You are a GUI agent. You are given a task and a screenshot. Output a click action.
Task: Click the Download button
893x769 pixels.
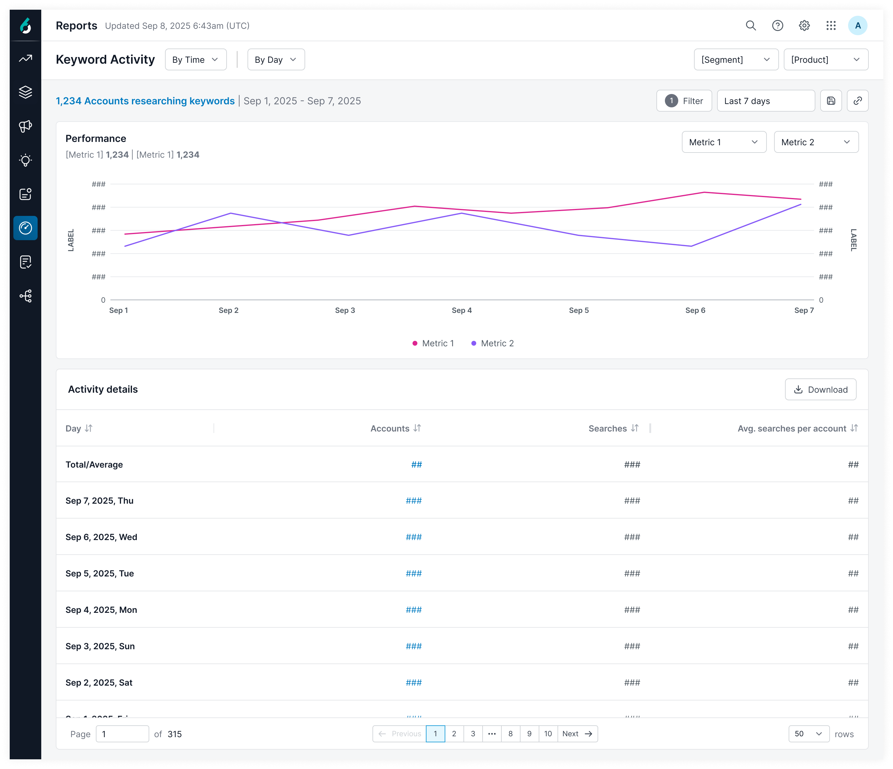[820, 389]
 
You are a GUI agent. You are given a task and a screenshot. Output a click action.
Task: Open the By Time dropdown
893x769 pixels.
[196, 59]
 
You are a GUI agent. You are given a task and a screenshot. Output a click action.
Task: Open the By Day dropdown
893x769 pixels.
[276, 59]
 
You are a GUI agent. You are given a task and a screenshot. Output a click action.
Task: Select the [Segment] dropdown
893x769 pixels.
[736, 59]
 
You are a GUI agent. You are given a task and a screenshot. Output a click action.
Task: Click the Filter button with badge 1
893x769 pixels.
[684, 101]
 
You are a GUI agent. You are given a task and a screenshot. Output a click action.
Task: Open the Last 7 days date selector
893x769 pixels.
[765, 101]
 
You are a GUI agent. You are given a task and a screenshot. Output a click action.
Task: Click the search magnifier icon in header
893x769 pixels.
[751, 25]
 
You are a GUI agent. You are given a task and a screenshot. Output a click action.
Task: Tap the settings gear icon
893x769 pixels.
[804, 25]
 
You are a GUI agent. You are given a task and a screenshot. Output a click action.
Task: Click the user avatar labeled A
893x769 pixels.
[858, 25]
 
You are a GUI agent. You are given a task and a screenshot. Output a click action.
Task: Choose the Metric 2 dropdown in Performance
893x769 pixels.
[816, 142]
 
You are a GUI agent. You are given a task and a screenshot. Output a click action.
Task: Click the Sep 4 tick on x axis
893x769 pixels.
[462, 310]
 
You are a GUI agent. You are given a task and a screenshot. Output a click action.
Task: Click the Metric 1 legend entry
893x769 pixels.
[433, 343]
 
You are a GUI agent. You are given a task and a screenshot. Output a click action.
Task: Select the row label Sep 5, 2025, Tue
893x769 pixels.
[99, 573]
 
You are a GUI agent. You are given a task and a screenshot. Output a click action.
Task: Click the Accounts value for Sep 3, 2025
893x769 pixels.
[413, 646]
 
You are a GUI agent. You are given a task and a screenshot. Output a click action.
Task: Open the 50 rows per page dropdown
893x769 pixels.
[809, 734]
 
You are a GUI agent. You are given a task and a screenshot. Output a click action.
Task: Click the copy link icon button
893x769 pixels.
[857, 101]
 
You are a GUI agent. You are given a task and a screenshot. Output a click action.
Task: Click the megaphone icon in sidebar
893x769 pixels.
[25, 126]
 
